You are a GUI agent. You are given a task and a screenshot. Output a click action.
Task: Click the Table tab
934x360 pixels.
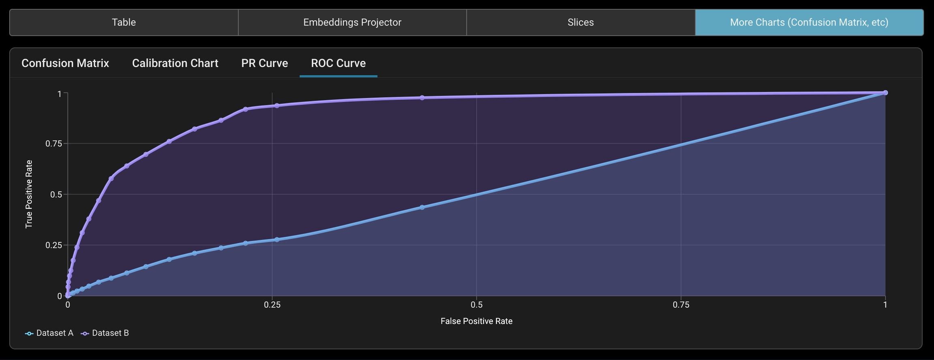124,22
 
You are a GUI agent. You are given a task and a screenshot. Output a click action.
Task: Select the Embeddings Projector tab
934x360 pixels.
352,22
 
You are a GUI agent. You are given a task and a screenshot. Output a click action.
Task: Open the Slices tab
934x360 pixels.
581,22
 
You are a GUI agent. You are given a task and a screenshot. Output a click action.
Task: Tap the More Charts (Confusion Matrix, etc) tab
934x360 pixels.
809,22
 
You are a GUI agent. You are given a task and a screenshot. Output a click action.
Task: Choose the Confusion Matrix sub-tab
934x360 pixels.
65,63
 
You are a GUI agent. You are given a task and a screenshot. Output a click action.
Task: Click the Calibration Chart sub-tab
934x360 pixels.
175,63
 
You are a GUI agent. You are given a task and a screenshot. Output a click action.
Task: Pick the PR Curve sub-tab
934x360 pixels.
264,63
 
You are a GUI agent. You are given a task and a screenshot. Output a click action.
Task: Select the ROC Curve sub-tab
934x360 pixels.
338,63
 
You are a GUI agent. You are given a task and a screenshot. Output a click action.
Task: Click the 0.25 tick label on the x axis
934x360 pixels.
272,305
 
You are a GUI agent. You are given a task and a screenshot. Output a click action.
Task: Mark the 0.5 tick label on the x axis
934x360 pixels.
476,305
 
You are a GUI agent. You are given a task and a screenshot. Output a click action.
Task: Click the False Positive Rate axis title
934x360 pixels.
476,321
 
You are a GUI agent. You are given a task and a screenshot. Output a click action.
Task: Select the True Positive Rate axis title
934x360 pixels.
29,194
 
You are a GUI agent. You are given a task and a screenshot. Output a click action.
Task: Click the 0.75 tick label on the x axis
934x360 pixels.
681,305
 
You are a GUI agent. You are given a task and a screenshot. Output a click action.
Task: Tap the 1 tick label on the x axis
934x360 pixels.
885,305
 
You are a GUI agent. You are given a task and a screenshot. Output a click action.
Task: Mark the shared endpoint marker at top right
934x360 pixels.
885,93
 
